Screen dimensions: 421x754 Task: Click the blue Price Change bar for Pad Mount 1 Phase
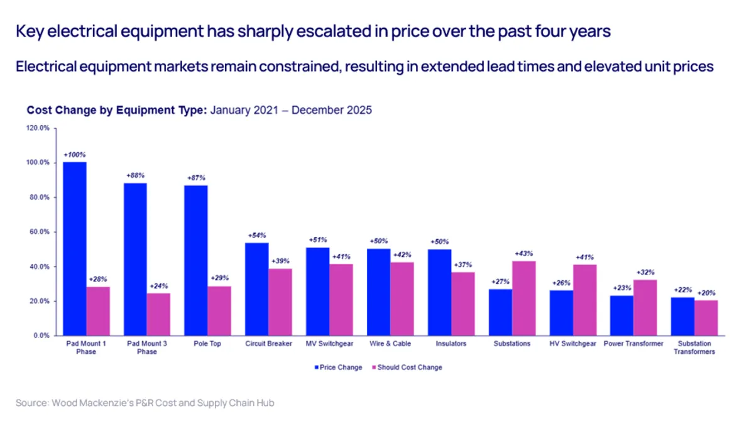pos(75,249)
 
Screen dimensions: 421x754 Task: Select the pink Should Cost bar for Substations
pos(524,298)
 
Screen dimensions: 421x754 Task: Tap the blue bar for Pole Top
pos(196,260)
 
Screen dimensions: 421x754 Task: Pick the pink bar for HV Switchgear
pos(585,300)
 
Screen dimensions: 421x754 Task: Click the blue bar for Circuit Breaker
pos(257,289)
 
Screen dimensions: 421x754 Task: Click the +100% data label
pos(74,154)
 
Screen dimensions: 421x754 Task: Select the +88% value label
pos(135,175)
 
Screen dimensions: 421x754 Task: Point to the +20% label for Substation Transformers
pos(706,293)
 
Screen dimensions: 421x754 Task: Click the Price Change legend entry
pos(337,368)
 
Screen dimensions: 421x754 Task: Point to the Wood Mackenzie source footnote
pos(145,402)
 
